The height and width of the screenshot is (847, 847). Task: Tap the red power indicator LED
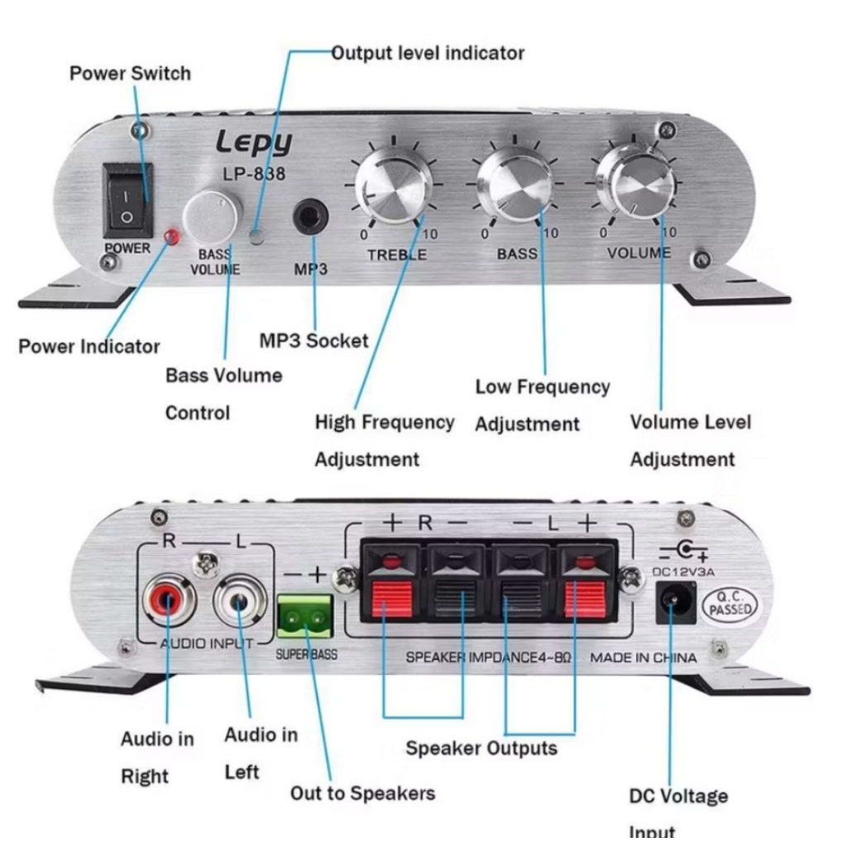pyautogui.click(x=172, y=237)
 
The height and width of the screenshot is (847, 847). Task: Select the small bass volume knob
pyautogui.click(x=211, y=218)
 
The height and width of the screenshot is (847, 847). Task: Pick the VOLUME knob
pyautogui.click(x=633, y=181)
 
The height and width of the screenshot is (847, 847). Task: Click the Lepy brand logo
pyautogui.click(x=254, y=142)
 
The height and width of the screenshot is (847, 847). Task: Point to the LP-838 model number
pyautogui.click(x=254, y=175)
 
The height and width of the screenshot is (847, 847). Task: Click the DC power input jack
pyautogui.click(x=675, y=603)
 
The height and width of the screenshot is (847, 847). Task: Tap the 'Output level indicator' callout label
pyautogui.click(x=428, y=53)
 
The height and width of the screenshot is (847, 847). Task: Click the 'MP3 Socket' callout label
pyautogui.click(x=313, y=341)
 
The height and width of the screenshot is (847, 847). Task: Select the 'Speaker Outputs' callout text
pyautogui.click(x=481, y=749)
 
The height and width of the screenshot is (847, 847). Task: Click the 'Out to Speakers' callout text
pyautogui.click(x=361, y=793)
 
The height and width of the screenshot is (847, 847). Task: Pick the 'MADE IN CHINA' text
pyautogui.click(x=643, y=658)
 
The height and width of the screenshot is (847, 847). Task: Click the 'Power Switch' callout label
pyautogui.click(x=130, y=73)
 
